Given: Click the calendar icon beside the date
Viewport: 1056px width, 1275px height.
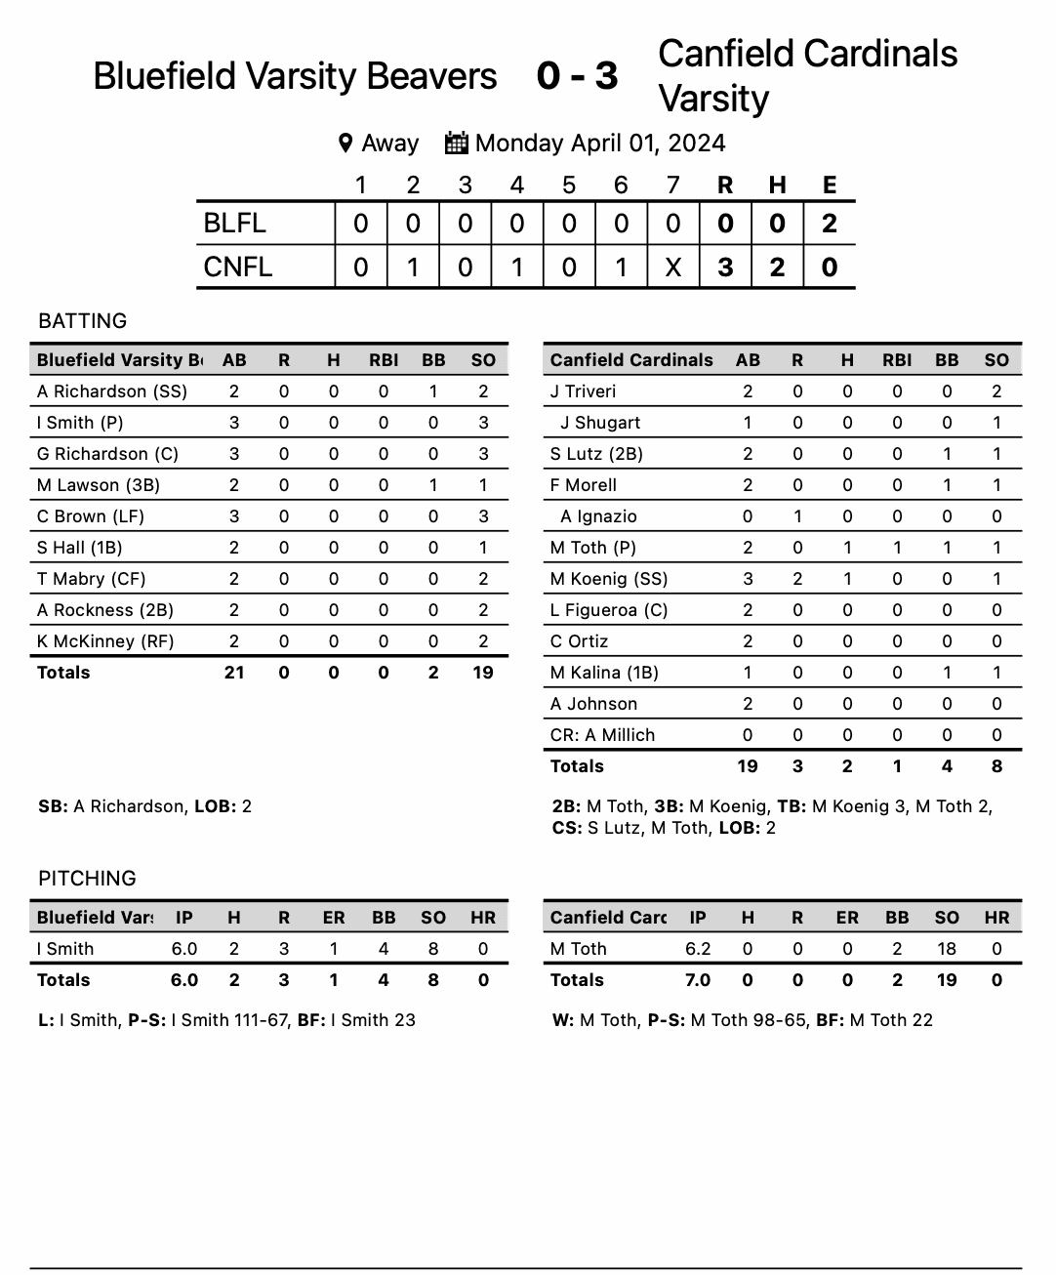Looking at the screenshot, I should point(456,143).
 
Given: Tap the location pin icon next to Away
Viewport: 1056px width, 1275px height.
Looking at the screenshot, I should point(345,144).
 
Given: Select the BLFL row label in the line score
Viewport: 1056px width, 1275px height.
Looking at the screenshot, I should point(234,224).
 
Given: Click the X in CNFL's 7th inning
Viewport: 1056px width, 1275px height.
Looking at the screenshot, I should point(672,267).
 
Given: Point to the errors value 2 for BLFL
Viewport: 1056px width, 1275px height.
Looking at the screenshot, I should point(829,224).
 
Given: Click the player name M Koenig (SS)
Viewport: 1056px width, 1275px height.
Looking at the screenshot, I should point(608,579).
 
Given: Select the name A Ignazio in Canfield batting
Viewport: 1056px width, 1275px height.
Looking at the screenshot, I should point(598,516).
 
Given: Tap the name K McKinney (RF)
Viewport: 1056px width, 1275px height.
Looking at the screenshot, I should point(105,641).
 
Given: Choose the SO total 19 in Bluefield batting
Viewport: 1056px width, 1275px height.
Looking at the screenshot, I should point(483,673).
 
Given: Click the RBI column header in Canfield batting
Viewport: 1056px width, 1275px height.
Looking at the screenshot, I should point(897,360).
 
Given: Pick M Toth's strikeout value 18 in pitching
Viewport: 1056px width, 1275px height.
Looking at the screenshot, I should point(947,949).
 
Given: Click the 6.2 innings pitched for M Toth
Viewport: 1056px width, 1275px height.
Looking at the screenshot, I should point(698,949).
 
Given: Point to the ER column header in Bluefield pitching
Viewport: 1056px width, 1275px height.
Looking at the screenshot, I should point(334,918).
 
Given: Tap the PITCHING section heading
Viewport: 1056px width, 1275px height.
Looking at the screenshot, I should point(87,879).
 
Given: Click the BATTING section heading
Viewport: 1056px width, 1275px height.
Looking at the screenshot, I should point(82,321).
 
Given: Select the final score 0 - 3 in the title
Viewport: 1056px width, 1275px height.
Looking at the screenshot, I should point(577,76).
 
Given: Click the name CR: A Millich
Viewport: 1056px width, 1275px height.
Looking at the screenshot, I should point(602,735).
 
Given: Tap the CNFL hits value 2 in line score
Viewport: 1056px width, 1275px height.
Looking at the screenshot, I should point(777,267).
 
